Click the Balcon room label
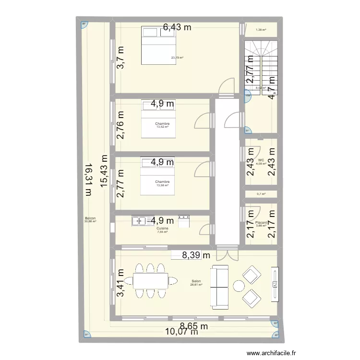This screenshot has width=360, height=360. point(90,218)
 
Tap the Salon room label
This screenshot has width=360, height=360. point(196,282)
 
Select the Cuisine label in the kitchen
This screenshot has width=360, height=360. point(162,228)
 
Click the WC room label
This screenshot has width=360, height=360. point(261,160)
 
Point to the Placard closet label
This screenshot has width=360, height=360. point(261,222)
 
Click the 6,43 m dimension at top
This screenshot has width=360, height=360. point(177,27)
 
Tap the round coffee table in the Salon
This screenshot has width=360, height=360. point(239,287)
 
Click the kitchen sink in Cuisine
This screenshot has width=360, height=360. point(140,221)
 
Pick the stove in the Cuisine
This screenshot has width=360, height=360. point(184,221)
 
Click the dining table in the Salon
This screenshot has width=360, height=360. point(150,281)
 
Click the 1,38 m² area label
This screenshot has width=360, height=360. point(261,30)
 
